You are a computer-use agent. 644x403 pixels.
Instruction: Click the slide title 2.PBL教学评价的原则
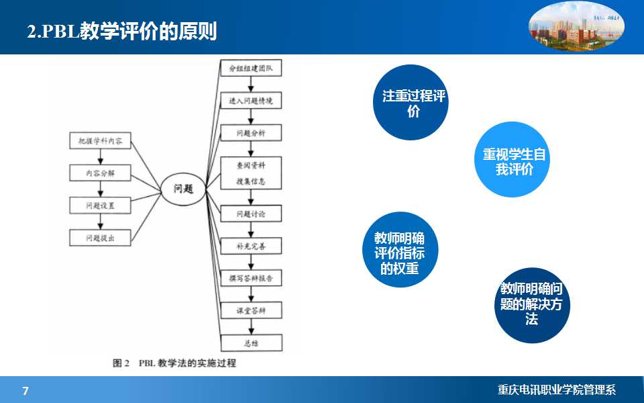121,32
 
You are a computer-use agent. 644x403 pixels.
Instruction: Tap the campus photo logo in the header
577,28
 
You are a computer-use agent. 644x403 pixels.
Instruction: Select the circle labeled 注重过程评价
410,103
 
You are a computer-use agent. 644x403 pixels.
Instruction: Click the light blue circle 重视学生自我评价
513,161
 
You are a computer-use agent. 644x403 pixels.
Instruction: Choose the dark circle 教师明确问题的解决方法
531,304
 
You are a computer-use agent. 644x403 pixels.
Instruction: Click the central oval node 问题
183,189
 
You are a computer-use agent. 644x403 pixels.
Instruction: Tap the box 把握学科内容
100,141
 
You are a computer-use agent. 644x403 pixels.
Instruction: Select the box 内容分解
100,173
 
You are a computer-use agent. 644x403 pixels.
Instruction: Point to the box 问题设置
100,206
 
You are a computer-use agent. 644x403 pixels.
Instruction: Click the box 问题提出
100,238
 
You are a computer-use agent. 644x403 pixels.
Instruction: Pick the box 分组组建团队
251,69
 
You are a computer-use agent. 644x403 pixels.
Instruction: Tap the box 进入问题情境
251,101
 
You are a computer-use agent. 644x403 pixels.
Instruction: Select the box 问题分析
251,133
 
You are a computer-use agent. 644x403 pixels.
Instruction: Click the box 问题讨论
251,214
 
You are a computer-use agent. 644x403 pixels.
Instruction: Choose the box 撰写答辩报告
251,278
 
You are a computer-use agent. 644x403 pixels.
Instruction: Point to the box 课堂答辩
251,310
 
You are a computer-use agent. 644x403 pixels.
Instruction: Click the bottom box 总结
251,343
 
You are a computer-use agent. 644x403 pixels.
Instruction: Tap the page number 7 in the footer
25,391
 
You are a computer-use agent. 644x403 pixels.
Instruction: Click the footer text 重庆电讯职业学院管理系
556,390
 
